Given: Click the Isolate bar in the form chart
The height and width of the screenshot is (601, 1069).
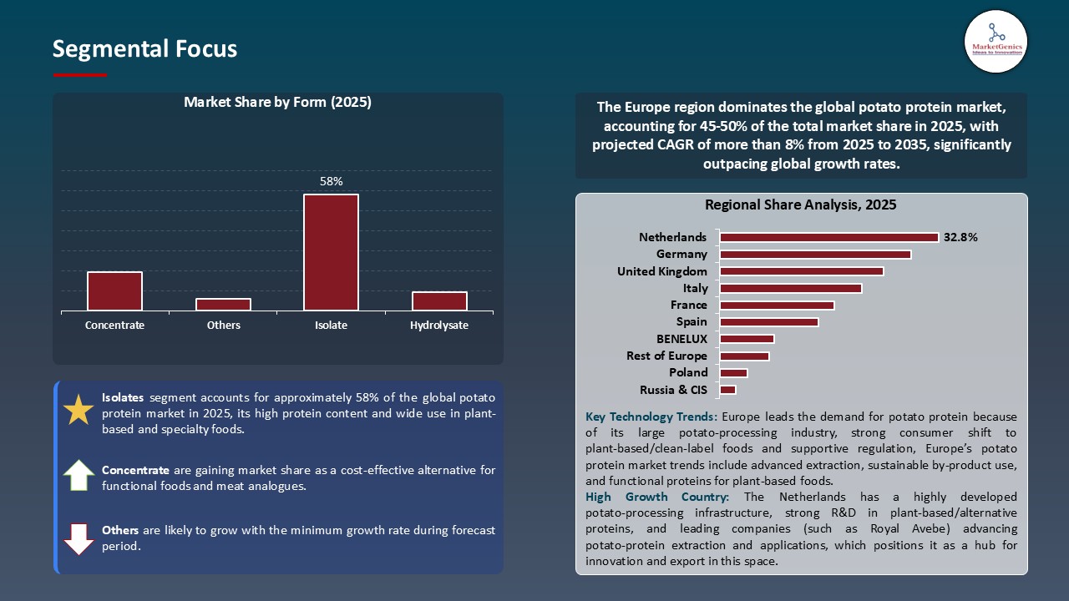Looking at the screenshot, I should [331, 253].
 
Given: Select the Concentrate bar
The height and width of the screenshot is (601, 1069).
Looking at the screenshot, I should [114, 291].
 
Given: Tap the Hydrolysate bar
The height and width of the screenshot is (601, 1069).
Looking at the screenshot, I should [439, 301].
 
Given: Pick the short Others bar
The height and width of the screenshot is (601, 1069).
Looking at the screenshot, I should [223, 305].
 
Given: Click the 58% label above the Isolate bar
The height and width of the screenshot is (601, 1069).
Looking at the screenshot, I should [332, 181].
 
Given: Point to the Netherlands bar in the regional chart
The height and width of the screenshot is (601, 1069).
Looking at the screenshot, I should [828, 237].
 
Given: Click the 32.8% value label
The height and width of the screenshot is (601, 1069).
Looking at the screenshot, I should [960, 237].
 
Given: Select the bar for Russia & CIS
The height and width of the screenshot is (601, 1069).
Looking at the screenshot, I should [727, 390].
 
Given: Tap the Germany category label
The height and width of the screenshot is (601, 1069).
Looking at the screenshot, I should [681, 254].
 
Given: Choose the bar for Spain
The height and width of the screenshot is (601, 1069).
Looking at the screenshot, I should [768, 322].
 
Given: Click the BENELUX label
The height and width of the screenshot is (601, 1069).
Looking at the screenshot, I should [681, 339].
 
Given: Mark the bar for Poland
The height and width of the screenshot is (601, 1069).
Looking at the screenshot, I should [733, 373].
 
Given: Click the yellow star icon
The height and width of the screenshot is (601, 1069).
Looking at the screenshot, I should [79, 411].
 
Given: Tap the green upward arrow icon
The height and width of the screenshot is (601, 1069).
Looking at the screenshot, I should [79, 475].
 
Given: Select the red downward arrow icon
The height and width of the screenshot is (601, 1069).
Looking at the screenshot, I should [79, 538].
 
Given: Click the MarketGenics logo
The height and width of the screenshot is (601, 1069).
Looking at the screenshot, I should [996, 41].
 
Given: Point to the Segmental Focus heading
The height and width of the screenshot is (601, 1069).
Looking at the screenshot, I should [144, 49].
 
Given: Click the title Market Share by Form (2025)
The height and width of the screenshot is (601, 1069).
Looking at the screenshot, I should [277, 103].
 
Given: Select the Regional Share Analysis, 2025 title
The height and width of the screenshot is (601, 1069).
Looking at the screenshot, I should [800, 205].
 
